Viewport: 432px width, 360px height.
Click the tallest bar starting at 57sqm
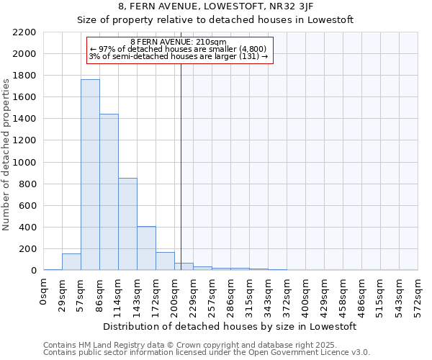(x=90, y=175)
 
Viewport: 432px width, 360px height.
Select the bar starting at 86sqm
(x=109, y=192)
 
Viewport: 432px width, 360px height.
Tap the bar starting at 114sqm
(x=127, y=224)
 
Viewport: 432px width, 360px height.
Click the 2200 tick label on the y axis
(x=24, y=32)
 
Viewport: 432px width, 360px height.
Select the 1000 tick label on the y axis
(x=24, y=163)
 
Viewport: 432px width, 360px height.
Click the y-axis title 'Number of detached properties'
(x=6, y=151)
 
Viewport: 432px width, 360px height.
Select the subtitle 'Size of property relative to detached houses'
(x=215, y=20)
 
